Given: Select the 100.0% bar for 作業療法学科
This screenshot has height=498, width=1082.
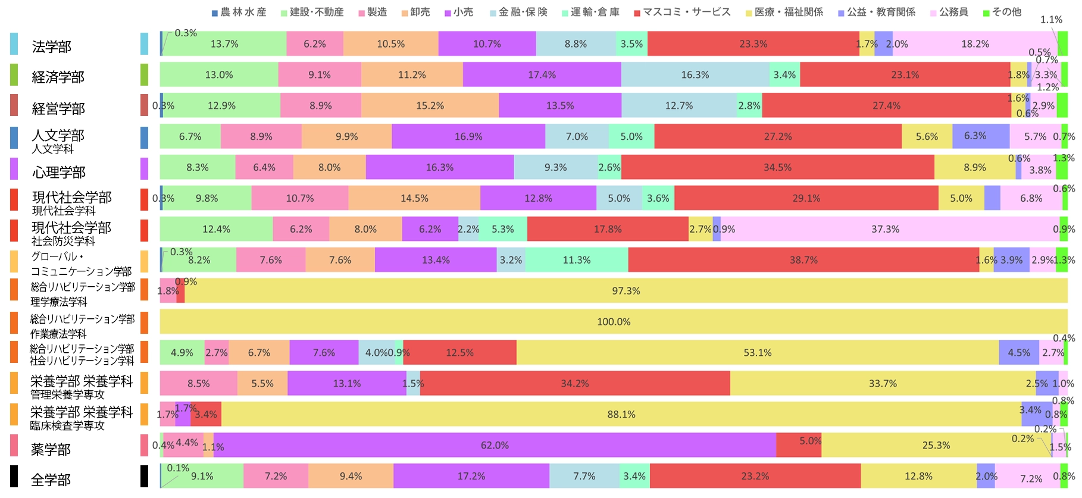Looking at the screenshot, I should click(x=614, y=322).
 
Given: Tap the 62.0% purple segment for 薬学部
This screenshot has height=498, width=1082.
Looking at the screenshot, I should click(x=495, y=445).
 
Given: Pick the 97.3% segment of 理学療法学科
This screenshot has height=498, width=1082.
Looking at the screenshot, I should click(x=626, y=291).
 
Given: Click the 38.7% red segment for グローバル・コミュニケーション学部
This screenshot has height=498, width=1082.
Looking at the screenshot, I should click(x=803, y=260).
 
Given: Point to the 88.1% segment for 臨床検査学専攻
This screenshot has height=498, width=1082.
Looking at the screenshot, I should click(x=621, y=414).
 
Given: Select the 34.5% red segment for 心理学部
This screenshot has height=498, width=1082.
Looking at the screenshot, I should click(x=777, y=167).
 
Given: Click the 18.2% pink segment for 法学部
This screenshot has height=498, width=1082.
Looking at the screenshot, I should click(x=974, y=44).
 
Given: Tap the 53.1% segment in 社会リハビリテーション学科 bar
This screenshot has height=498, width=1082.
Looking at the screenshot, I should click(x=757, y=353).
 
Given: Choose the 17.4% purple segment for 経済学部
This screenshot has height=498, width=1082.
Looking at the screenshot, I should click(x=542, y=75).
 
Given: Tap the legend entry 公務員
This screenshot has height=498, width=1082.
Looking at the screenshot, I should click(x=953, y=12).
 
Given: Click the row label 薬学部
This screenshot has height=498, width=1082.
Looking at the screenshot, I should click(x=51, y=449).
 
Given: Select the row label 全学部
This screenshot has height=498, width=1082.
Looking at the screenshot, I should click(x=51, y=480).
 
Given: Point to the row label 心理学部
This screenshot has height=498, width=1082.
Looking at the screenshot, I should click(x=58, y=172).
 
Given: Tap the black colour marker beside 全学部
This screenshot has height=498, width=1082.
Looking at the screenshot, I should click(x=144, y=476).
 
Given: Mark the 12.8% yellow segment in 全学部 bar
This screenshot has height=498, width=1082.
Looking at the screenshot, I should click(x=918, y=476).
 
